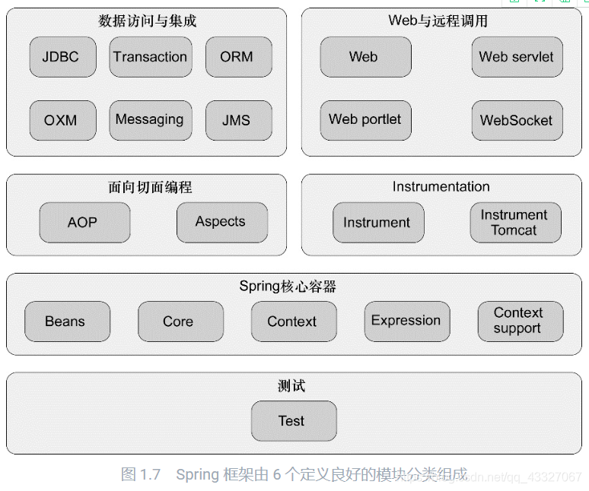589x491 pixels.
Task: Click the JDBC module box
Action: (x=61, y=57)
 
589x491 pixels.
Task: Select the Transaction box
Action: (x=150, y=57)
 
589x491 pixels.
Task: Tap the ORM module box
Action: (x=237, y=57)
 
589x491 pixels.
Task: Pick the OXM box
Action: (x=61, y=120)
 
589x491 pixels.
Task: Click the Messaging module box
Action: (x=150, y=120)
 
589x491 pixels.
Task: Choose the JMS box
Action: (x=237, y=120)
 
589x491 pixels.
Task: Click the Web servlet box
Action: (x=517, y=57)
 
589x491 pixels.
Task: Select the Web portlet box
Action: (x=365, y=120)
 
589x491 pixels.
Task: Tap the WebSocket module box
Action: (x=517, y=120)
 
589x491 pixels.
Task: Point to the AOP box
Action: (x=83, y=223)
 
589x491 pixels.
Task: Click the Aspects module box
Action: (x=221, y=222)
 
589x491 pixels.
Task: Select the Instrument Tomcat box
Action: (x=514, y=223)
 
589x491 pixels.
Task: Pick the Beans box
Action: (x=65, y=322)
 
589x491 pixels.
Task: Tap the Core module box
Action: (x=179, y=322)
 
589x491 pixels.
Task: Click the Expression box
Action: (x=406, y=321)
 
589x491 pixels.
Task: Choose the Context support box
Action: (x=518, y=321)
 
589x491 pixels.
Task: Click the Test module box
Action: (x=292, y=421)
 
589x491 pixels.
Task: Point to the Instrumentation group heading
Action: (x=441, y=186)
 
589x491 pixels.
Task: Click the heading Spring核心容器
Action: (x=288, y=287)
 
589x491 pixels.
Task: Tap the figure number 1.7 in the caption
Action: (x=151, y=475)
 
